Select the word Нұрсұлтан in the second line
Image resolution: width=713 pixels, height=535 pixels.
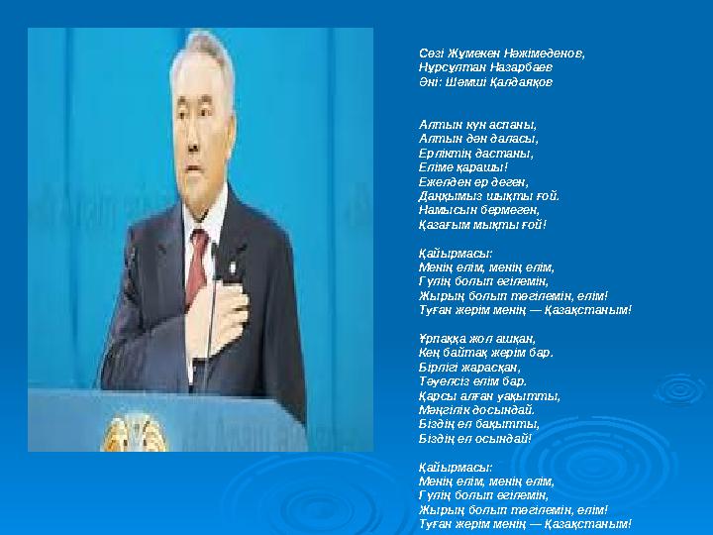[x=450, y=67]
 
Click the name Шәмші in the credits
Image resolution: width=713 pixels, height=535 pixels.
[x=462, y=82]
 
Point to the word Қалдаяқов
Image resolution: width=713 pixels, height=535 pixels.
[x=520, y=82]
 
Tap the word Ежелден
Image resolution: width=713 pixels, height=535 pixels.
[x=443, y=182]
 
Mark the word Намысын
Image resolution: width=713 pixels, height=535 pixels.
[x=444, y=210]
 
